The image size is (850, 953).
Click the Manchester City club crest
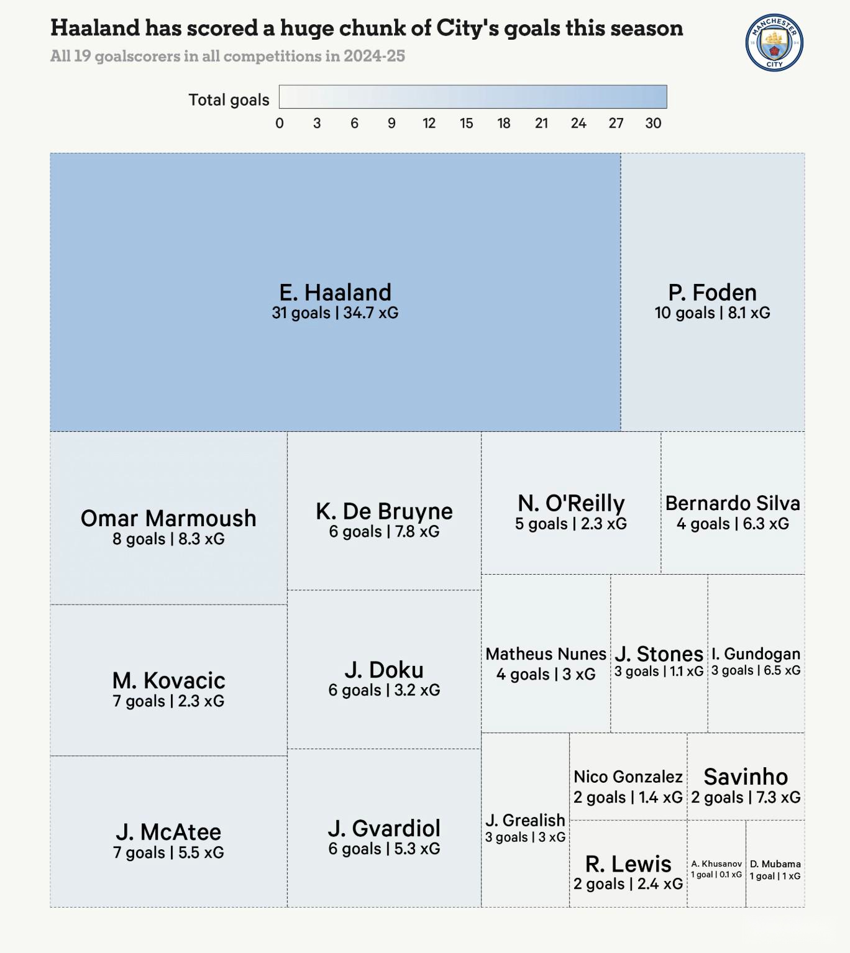point(774,43)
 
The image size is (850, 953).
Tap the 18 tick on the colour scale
point(504,123)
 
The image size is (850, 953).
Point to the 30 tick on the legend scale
point(653,123)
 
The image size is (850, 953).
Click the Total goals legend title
point(229,100)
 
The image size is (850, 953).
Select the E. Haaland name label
point(335,292)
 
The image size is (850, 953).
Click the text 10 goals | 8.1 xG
point(712,313)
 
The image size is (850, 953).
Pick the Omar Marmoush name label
point(168,518)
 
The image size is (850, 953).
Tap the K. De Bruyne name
point(384,511)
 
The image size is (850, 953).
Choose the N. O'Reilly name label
point(571,503)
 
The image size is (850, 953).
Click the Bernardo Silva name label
point(733,503)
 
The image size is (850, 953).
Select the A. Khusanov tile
point(716,864)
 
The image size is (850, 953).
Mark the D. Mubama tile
point(775,864)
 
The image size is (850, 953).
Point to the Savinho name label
point(746,777)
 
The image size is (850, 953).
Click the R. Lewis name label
point(628,864)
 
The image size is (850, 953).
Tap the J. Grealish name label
point(525,820)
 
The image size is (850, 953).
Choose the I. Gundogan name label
point(756,654)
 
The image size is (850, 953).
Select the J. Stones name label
point(659,654)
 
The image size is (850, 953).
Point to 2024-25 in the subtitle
point(374,56)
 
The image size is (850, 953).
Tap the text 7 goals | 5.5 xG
point(168,853)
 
